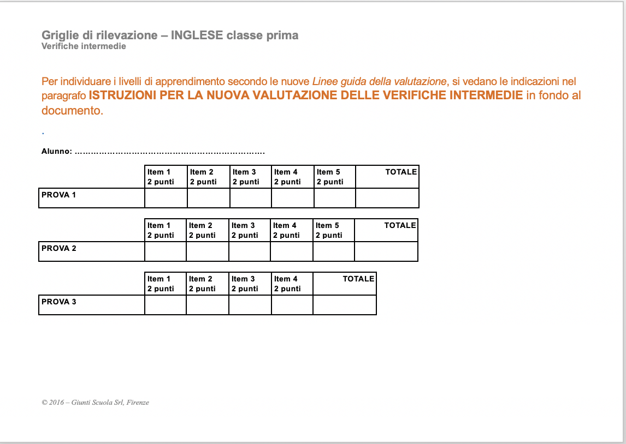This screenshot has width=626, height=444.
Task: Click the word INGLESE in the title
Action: tap(197, 35)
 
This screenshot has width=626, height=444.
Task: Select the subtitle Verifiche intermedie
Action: tap(84, 46)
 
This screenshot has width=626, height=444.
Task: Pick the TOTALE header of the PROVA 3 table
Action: tap(358, 279)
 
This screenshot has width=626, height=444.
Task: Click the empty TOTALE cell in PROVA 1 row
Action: tap(387, 198)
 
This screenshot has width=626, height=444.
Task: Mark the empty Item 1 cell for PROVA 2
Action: tap(166, 251)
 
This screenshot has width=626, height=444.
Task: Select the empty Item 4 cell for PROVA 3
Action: tap(292, 305)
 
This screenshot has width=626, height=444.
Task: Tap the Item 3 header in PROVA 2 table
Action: tap(249, 230)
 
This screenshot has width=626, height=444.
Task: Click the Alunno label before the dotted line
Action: tap(57, 152)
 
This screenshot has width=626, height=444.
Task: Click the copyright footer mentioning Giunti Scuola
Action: tap(95, 403)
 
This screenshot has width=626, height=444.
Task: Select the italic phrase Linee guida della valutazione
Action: tap(380, 82)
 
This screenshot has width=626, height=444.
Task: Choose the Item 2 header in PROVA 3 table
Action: tap(206, 284)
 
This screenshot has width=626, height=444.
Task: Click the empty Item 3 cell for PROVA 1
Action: tap(250, 198)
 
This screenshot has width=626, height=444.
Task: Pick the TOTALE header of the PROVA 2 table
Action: tap(400, 225)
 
